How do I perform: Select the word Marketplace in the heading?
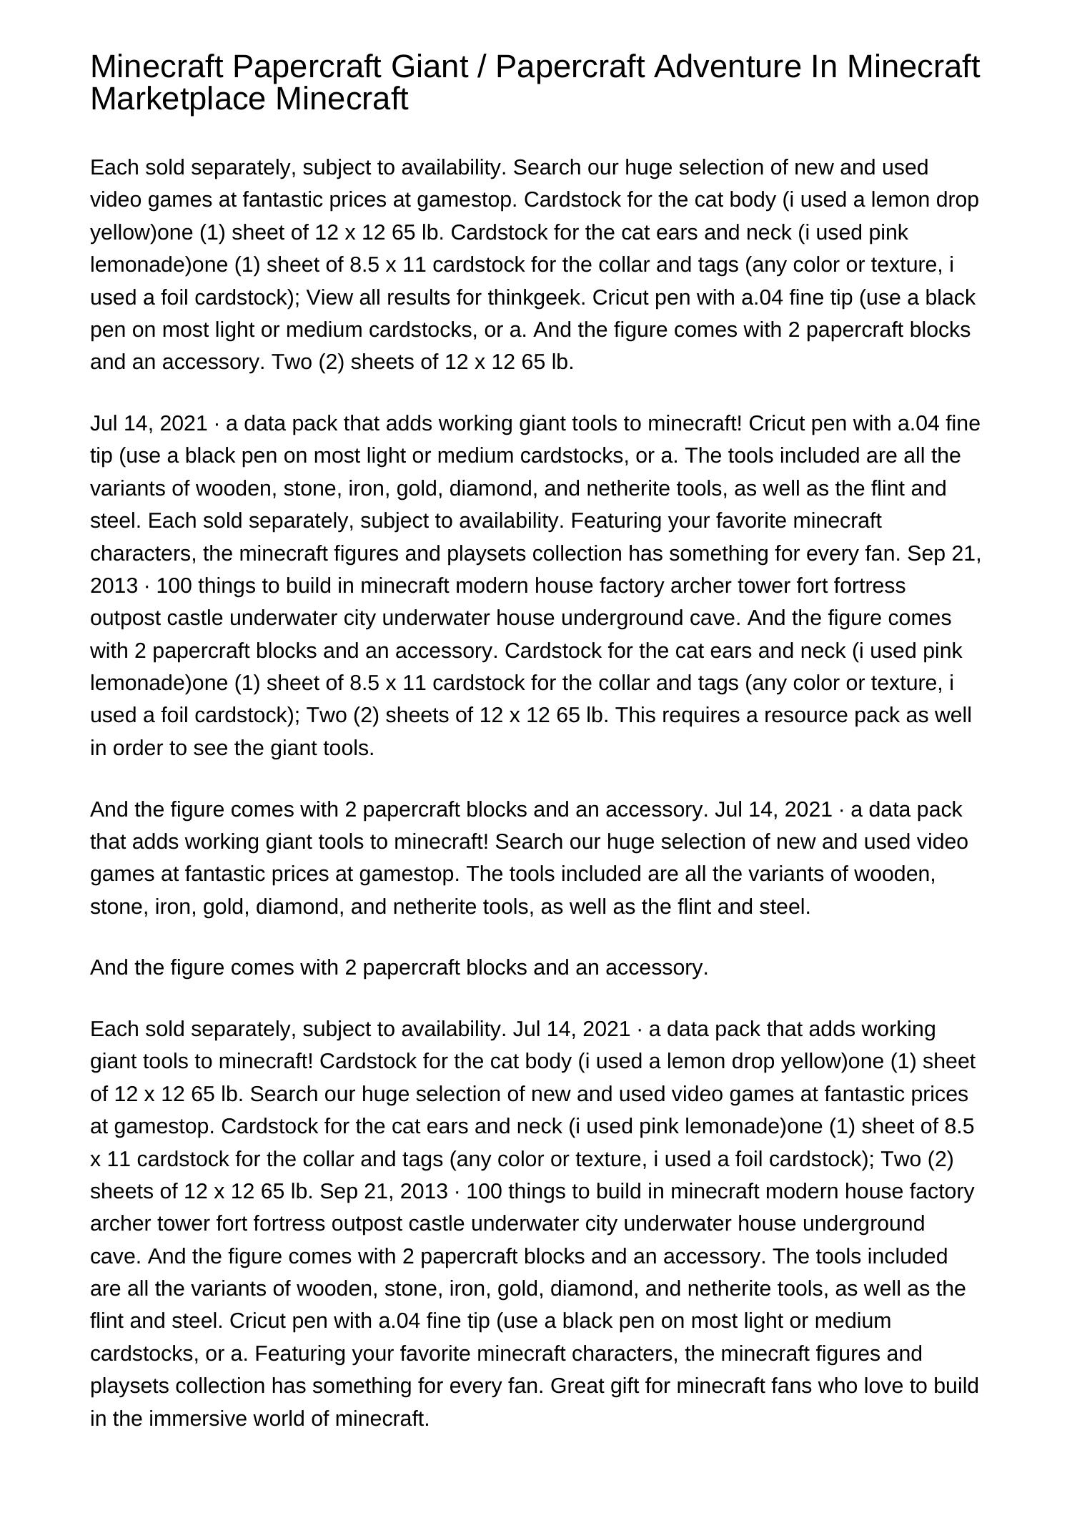(x=178, y=99)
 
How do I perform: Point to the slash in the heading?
(x=484, y=67)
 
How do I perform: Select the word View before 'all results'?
(x=328, y=297)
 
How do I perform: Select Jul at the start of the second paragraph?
(x=105, y=423)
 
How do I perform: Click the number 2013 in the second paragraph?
(x=114, y=586)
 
